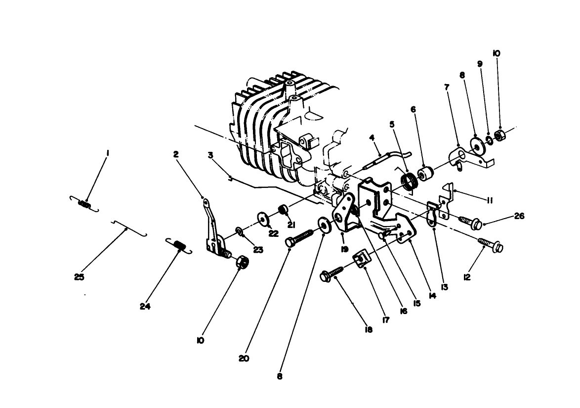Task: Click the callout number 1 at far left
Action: (107, 154)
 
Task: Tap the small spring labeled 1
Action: (84, 203)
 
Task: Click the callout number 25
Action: (79, 277)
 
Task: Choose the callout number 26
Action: (519, 216)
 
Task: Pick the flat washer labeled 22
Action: (261, 218)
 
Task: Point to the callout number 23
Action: (257, 250)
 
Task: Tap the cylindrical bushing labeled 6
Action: (426, 174)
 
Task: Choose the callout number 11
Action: (490, 200)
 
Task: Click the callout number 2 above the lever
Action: (176, 154)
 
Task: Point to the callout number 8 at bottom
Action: (280, 376)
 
